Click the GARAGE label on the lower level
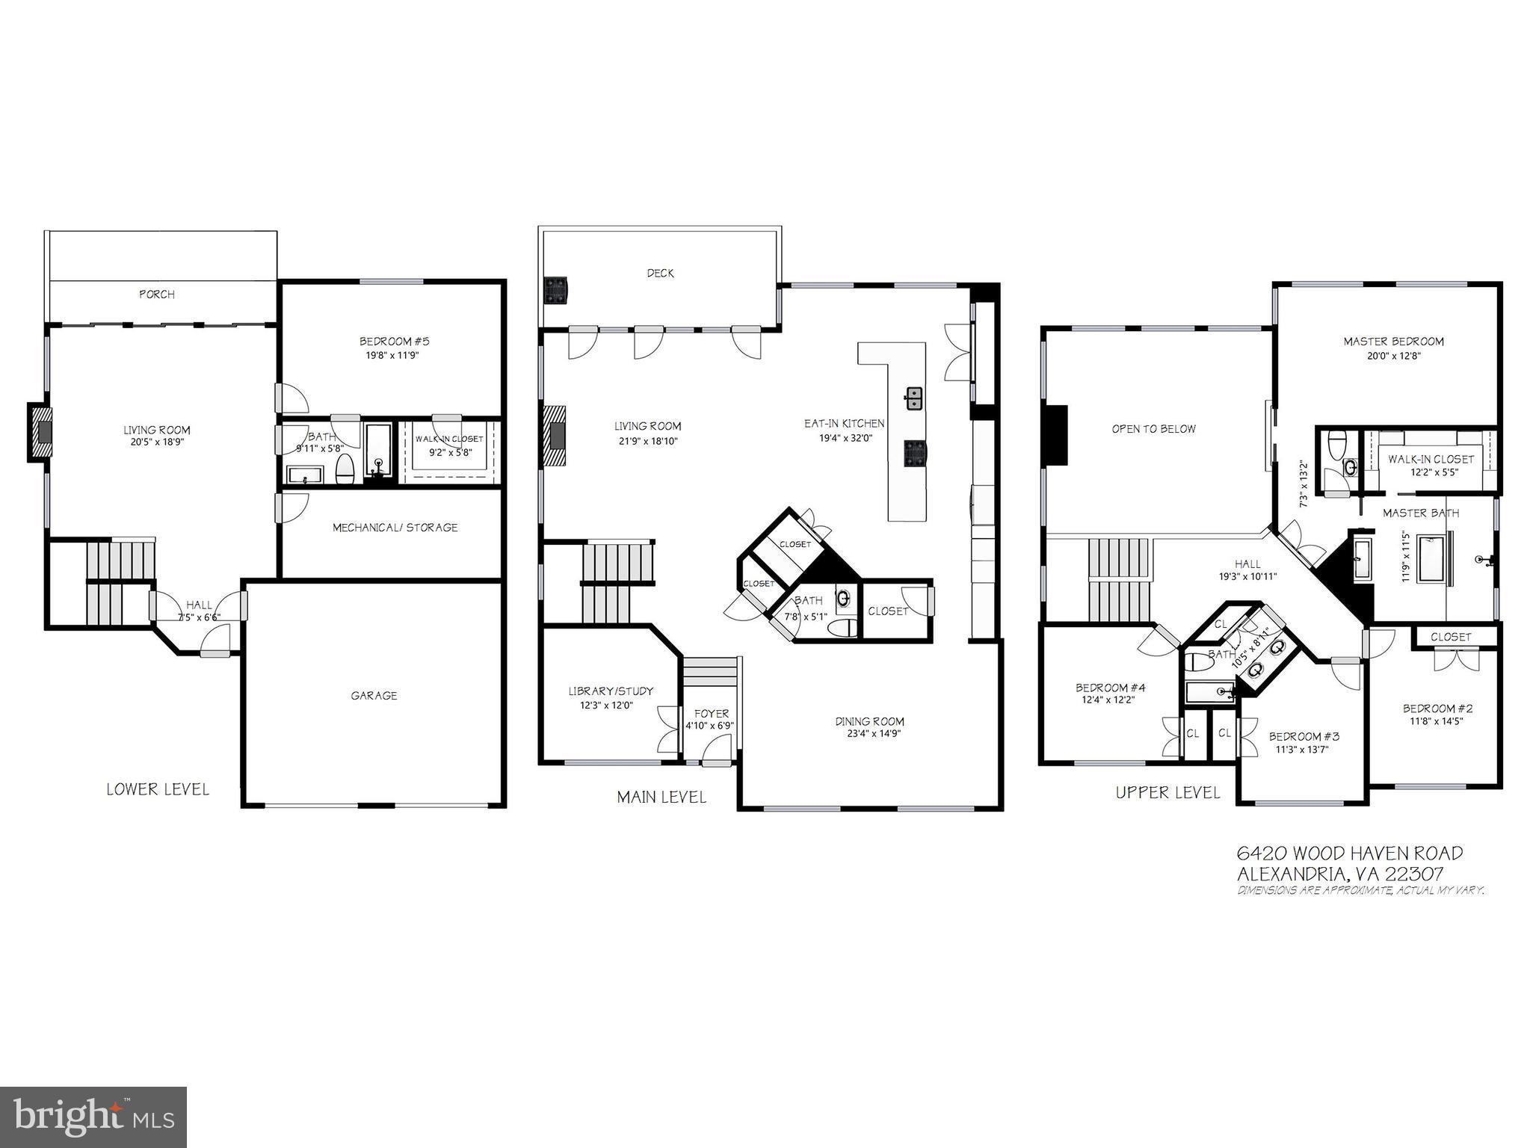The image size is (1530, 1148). (x=374, y=696)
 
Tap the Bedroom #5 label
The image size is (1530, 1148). (x=394, y=342)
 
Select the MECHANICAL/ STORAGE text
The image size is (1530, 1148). (x=395, y=528)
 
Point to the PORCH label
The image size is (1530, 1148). (x=157, y=294)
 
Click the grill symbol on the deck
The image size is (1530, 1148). (x=555, y=291)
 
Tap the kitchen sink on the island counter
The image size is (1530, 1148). (x=913, y=398)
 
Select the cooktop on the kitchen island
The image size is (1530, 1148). (x=913, y=453)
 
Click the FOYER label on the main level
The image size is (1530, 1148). (x=711, y=714)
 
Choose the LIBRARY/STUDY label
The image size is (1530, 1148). (x=611, y=691)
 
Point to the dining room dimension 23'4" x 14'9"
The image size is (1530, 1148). (x=869, y=734)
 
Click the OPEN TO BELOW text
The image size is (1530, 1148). (x=1153, y=429)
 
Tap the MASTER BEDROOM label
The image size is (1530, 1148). (x=1393, y=342)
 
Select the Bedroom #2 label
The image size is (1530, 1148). (x=1437, y=709)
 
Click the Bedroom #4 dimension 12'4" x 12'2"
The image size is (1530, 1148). (x=1108, y=700)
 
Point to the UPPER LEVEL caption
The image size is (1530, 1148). (x=1167, y=792)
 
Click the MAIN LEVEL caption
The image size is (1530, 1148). (x=661, y=797)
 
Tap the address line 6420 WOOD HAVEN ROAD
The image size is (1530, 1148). (x=1350, y=853)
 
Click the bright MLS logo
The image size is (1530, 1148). (x=93, y=1117)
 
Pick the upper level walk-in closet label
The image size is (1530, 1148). (x=1431, y=460)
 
